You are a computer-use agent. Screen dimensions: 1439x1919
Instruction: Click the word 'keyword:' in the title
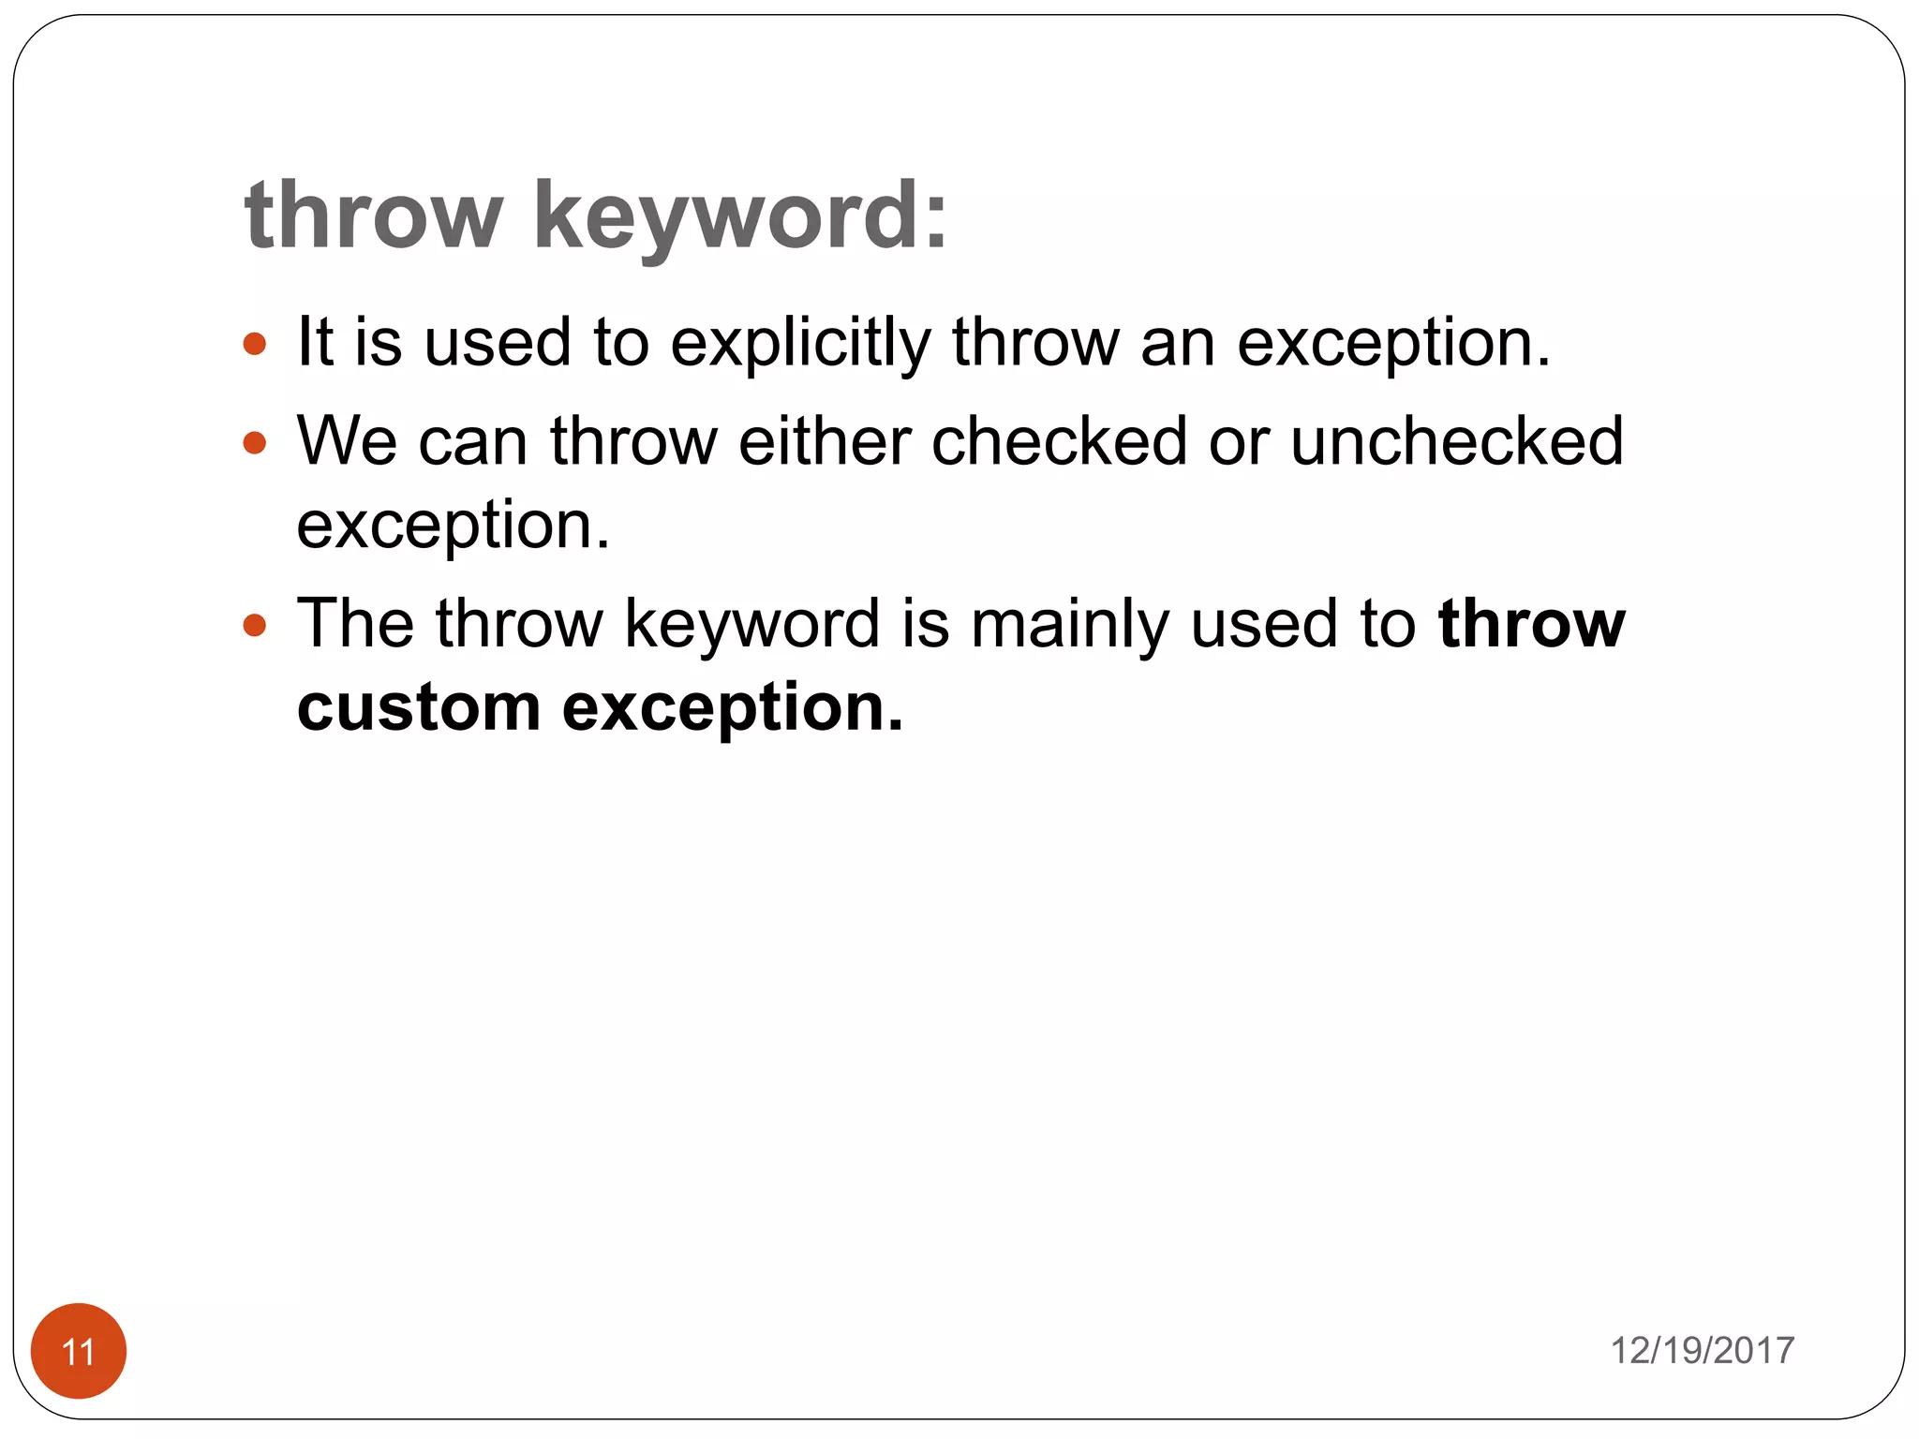[x=740, y=217]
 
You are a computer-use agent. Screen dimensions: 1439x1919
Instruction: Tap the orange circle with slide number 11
[x=79, y=1350]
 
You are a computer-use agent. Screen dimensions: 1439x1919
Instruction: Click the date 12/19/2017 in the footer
[x=1701, y=1350]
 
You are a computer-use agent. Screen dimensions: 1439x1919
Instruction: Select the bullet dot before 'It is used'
[x=254, y=344]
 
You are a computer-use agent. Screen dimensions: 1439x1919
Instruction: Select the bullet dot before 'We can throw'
[x=254, y=442]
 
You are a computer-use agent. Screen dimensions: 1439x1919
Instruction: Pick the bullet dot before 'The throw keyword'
[x=254, y=625]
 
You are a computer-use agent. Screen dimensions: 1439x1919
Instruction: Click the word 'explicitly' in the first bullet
[x=800, y=343]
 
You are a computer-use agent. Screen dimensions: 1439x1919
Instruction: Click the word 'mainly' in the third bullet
[x=1070, y=625]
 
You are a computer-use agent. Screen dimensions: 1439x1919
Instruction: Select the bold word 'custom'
[x=419, y=707]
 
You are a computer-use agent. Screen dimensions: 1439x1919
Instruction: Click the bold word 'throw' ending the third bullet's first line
[x=1531, y=624]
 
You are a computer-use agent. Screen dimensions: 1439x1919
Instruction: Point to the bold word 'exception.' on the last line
[x=733, y=709]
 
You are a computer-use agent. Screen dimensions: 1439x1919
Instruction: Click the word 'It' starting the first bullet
[x=315, y=342]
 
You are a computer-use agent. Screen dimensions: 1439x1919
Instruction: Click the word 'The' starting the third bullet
[x=355, y=623]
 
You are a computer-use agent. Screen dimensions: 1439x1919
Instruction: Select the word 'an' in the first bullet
[x=1178, y=344]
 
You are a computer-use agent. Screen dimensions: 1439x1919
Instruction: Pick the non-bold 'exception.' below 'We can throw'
[x=454, y=527]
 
